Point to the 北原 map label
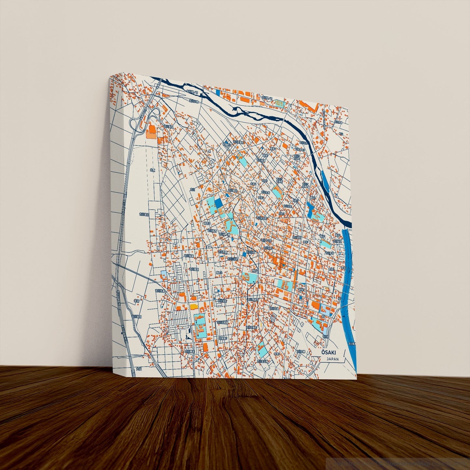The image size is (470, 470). pos(153,170)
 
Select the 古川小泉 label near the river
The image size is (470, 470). pos(195,101)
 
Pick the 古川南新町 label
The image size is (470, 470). pos(253,300)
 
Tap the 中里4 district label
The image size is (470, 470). pos(276,354)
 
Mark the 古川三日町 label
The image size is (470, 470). pos(233,259)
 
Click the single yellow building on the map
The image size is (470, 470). pos(194,306)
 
